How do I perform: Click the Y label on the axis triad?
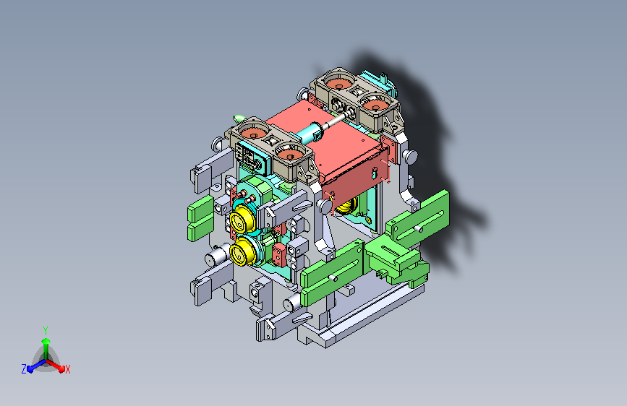pos(46,330)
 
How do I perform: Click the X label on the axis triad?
pos(67,369)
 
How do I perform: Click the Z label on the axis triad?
pos(24,369)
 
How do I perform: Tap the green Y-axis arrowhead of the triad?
pos(46,341)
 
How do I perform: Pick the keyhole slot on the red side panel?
pos(375,173)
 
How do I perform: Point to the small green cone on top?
pos(239,118)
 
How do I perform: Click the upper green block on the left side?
pos(201,208)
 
